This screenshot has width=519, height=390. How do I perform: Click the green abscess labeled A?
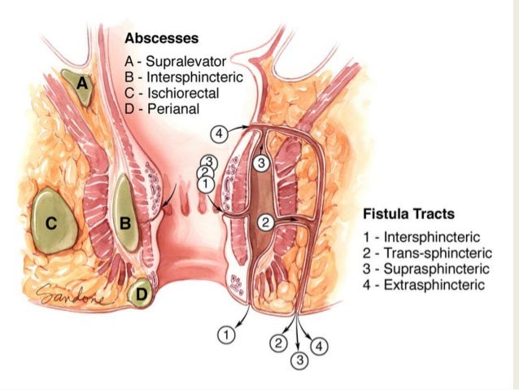click(81, 87)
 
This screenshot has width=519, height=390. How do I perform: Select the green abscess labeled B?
click(125, 220)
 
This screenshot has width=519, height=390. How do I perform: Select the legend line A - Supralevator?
click(176, 61)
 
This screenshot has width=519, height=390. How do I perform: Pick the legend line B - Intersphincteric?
click(180, 77)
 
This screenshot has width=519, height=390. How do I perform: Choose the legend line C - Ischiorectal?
click(172, 93)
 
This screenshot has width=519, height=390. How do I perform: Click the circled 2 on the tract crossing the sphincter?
click(264, 221)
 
